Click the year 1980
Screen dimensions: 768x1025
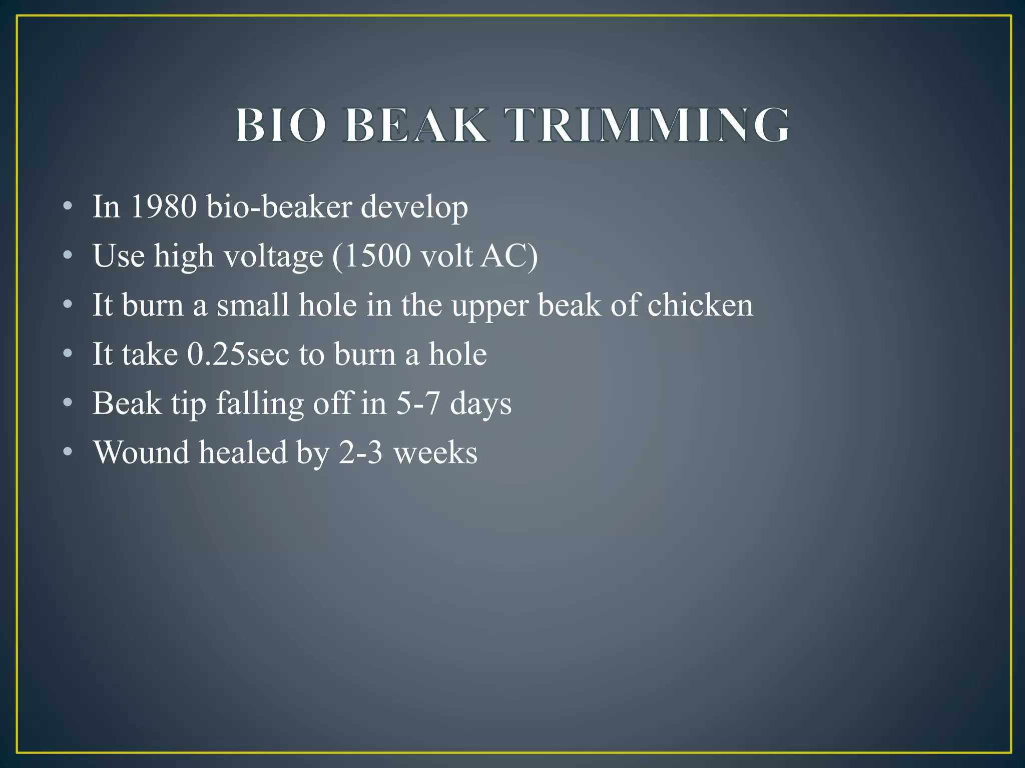click(x=163, y=206)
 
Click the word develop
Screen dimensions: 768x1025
click(x=414, y=207)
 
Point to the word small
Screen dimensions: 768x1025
click(x=253, y=305)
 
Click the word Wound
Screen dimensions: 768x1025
click(x=142, y=452)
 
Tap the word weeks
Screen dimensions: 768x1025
click(x=435, y=452)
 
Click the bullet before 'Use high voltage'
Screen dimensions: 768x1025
click(x=68, y=256)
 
